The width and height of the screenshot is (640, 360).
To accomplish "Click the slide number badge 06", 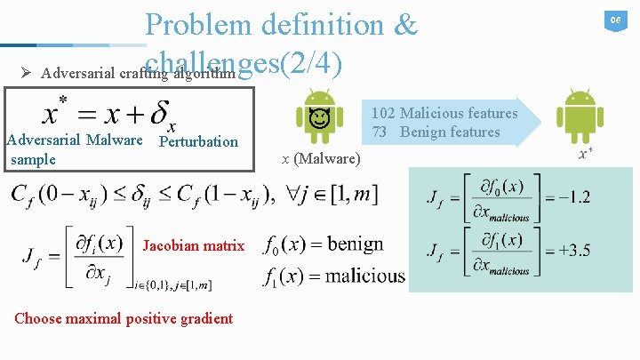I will [x=613, y=20].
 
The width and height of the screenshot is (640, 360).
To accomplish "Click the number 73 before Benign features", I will [x=380, y=132].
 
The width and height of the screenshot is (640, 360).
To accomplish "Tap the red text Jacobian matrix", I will [x=193, y=245].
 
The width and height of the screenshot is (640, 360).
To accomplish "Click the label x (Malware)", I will [x=321, y=159].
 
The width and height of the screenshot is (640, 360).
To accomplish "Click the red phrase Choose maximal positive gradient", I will [x=124, y=318].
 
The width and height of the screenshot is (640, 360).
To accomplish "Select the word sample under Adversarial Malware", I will [x=33, y=159].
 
